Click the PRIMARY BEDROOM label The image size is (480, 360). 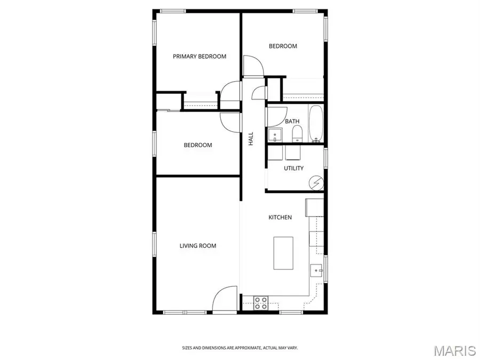(x=199, y=57)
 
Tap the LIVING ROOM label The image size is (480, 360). (x=197, y=246)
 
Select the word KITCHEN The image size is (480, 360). (x=280, y=218)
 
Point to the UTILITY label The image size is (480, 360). (x=293, y=169)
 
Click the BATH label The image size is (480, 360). (x=292, y=122)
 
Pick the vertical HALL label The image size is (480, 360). (x=251, y=139)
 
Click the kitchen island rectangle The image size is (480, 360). (x=284, y=253)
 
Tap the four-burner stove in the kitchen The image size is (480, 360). (x=261, y=303)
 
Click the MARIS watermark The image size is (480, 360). (x=454, y=350)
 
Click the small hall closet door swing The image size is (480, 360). (x=259, y=92)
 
